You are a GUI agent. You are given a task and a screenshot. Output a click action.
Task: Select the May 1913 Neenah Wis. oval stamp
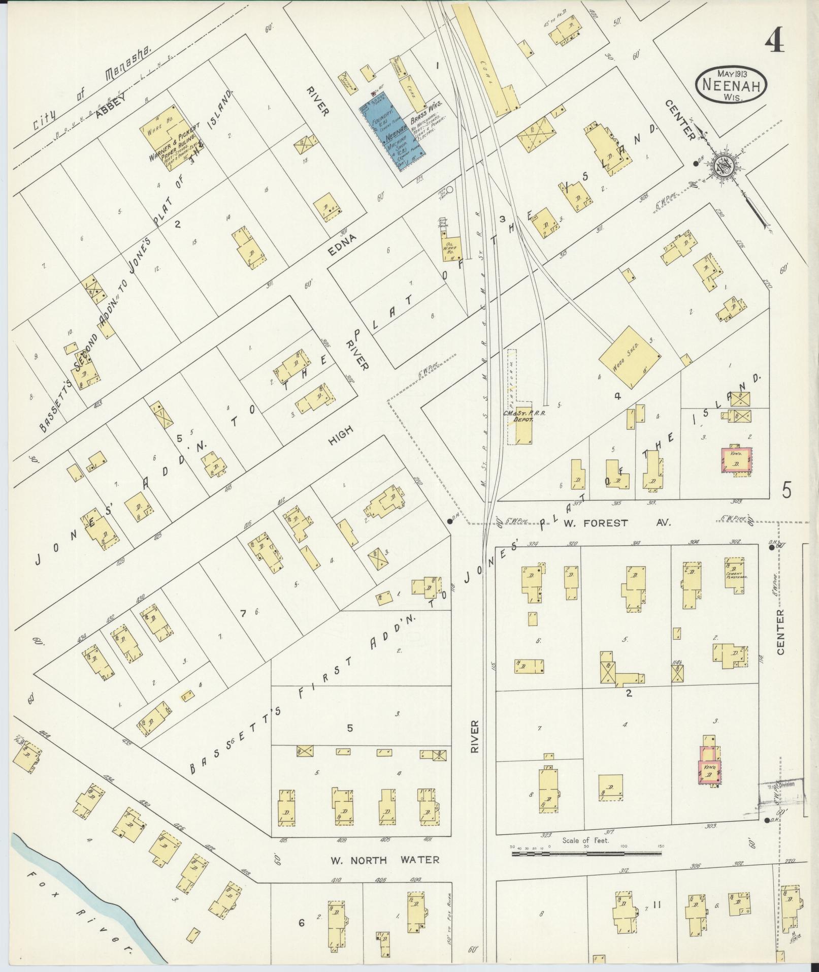pos(731,85)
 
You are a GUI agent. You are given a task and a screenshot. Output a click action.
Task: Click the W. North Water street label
pos(384,860)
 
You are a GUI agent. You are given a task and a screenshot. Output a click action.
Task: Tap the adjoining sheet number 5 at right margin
pos(787,491)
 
